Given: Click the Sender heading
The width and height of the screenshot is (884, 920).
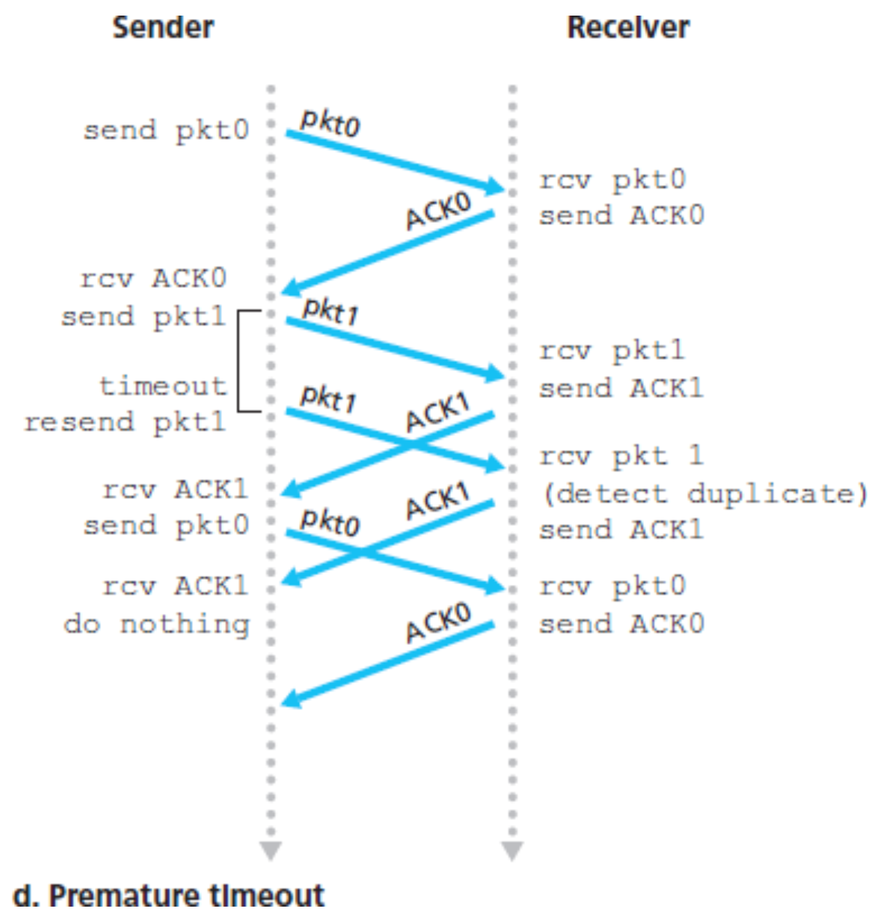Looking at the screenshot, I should point(163,27).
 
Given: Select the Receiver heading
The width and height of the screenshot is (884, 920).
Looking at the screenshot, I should point(628,27).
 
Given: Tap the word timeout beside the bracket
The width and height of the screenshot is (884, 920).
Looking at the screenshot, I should point(163,385).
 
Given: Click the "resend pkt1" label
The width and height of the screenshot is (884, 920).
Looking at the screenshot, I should point(125,422).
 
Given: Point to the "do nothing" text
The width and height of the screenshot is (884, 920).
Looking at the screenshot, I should point(156,624).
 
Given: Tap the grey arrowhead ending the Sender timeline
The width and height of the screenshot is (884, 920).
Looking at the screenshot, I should point(271,850).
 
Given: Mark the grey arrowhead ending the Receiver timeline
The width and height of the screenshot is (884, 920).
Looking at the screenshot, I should point(512,850).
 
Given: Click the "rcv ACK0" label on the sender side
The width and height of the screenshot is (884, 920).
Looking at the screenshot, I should point(153,278).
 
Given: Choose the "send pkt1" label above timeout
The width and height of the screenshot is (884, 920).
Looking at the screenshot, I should point(143,316).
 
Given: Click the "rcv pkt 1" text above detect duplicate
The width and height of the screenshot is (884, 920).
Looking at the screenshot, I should point(621,456).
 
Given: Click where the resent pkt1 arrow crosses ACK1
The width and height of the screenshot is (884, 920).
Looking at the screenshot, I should point(412,443).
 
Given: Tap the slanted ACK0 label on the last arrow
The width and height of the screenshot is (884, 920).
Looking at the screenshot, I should point(438,623).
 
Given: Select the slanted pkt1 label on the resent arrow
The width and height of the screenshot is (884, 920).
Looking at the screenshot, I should point(328,398).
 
